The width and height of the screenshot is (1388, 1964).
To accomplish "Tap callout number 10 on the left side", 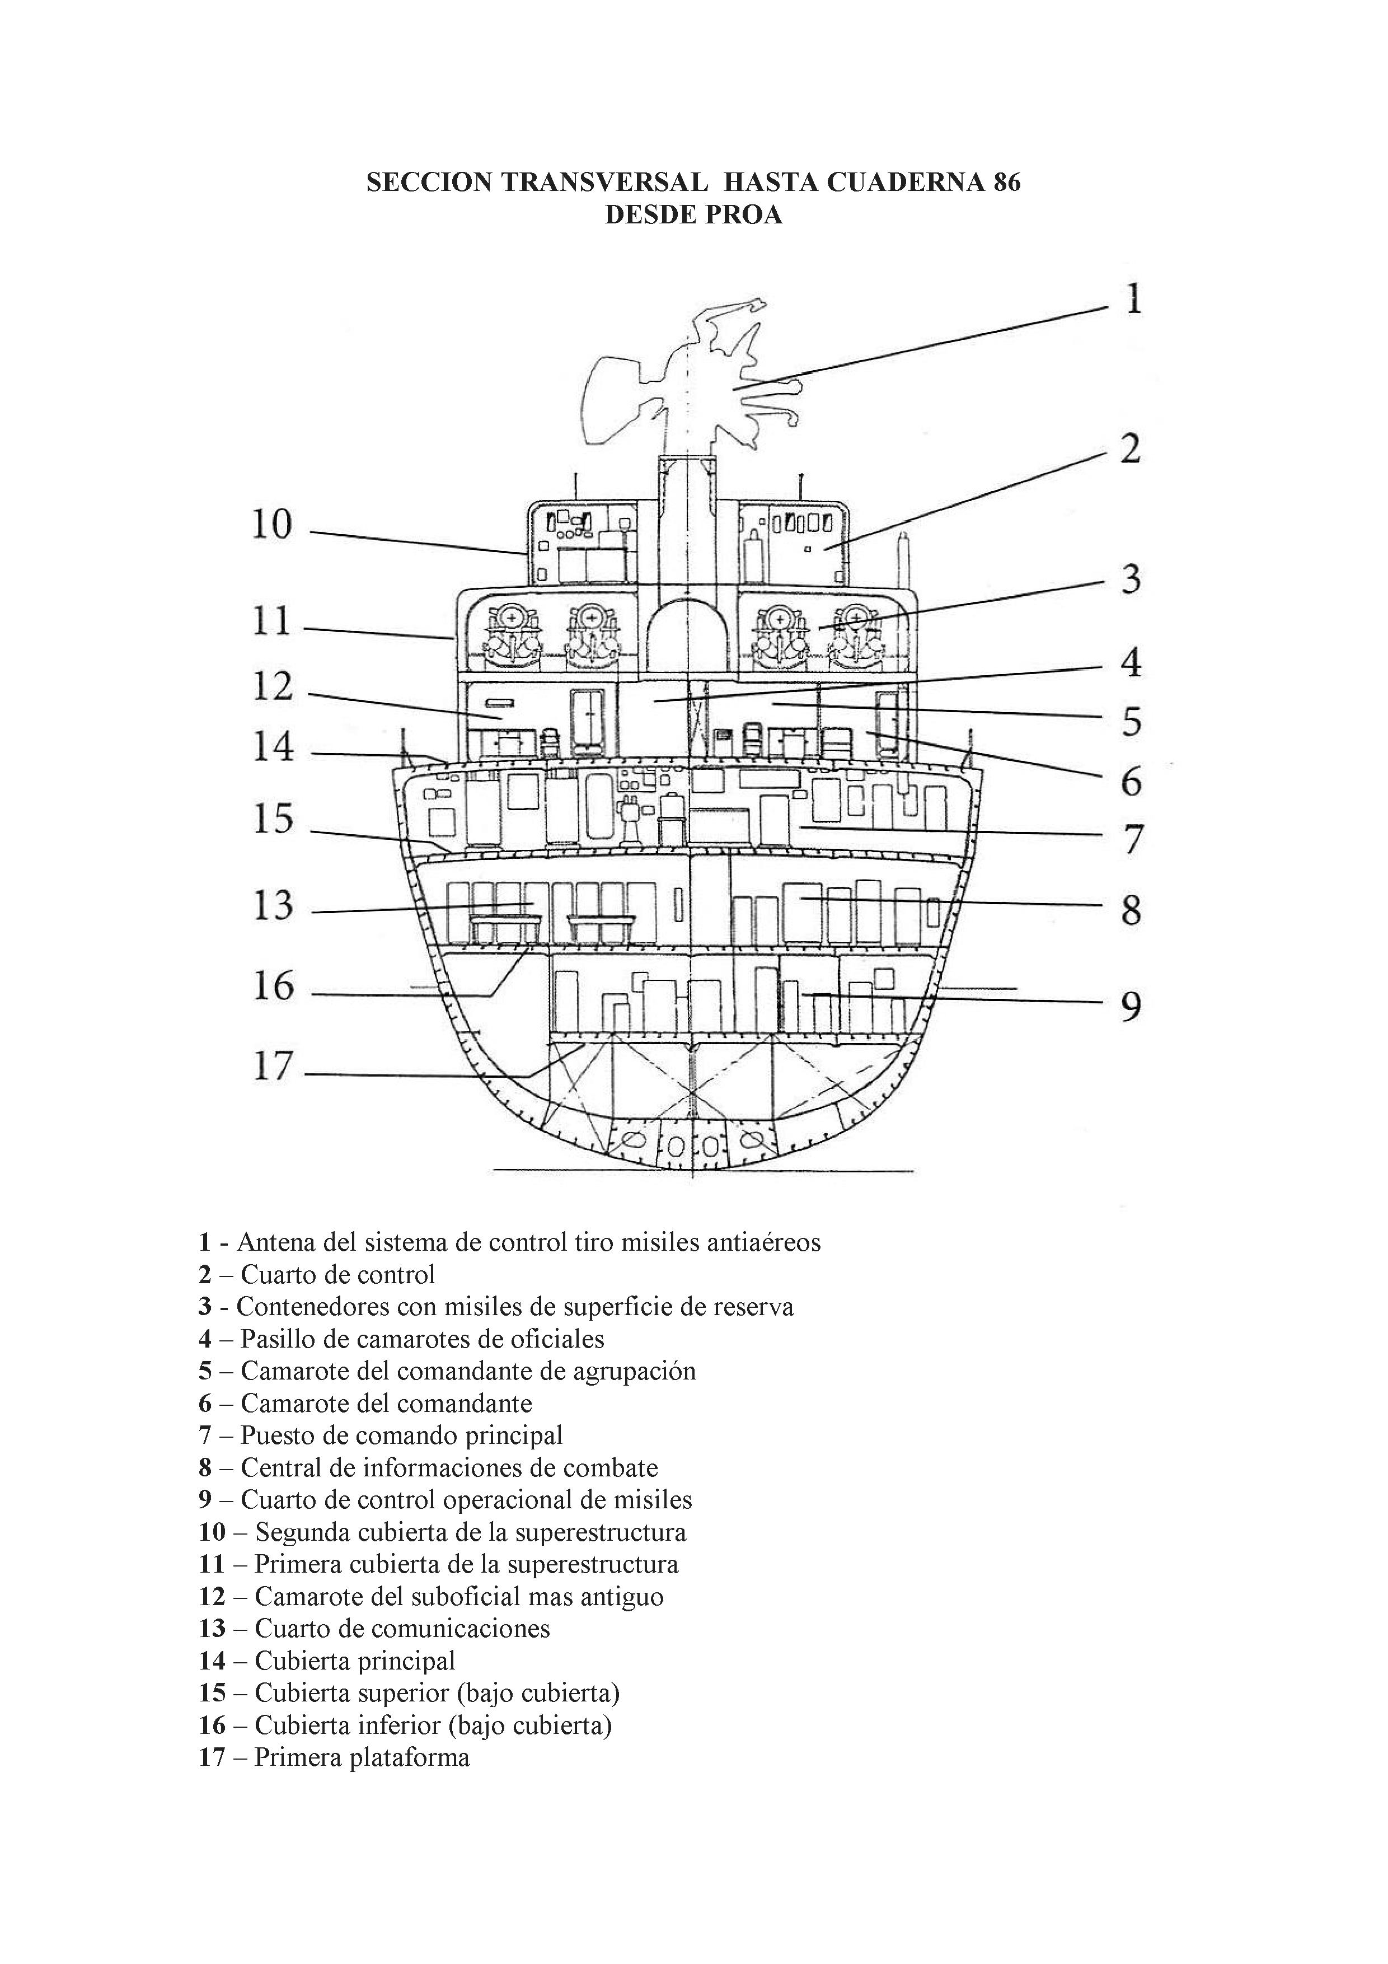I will (x=272, y=525).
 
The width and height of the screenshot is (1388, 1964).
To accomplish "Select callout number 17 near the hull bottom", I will (x=273, y=1067).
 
